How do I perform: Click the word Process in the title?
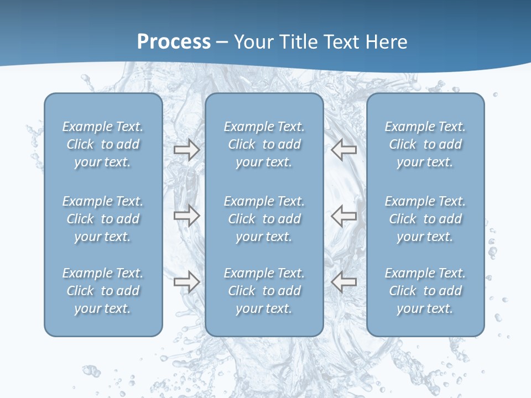174,42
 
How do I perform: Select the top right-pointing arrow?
187,150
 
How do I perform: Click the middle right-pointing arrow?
187,216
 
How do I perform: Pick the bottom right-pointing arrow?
187,282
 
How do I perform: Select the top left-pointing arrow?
343,150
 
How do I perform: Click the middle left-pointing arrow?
343,216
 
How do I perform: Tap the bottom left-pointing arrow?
343,282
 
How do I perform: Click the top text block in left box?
103,144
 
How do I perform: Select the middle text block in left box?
103,219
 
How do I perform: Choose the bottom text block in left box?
103,291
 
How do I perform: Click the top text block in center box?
264,144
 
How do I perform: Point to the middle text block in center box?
264,219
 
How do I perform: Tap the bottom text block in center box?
264,291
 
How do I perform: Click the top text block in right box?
425,144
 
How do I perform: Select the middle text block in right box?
425,219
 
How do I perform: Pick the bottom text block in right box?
425,291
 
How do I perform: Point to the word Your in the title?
253,42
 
